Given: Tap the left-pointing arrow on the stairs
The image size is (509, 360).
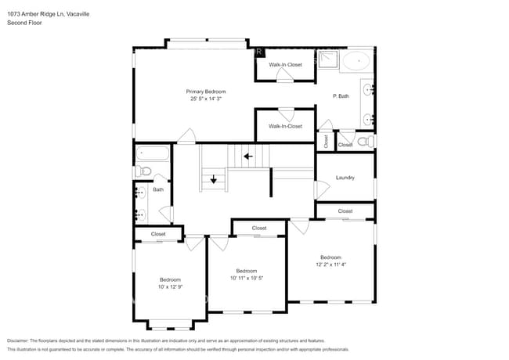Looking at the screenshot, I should click(248, 156).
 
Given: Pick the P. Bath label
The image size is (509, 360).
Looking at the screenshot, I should click(341, 95).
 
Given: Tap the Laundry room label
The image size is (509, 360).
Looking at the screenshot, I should click(345, 178).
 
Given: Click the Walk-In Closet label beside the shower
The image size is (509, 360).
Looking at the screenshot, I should click(285, 65).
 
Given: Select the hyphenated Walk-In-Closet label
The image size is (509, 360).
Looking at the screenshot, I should click(285, 126).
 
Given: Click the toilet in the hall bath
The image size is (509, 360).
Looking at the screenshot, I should click(143, 171).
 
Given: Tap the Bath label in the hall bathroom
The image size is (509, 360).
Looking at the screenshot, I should click(158, 189).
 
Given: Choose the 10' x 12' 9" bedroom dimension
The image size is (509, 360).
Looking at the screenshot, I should click(170, 286).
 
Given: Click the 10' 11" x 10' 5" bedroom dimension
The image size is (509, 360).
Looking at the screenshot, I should click(247, 278).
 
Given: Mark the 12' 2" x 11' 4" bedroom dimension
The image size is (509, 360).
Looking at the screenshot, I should click(330, 265).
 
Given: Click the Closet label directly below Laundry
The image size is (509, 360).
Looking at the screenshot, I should click(345, 211).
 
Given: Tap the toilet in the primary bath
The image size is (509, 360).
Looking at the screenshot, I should click(364, 141).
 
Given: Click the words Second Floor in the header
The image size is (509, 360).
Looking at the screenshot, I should click(24, 23).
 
